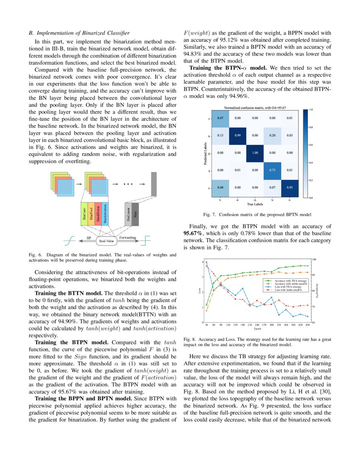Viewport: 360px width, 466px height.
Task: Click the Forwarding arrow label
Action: click(127, 238)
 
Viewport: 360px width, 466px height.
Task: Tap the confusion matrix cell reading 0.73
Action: click(272, 170)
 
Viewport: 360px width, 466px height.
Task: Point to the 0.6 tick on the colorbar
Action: click(310, 145)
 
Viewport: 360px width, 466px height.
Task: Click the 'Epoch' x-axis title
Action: click(258, 329)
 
